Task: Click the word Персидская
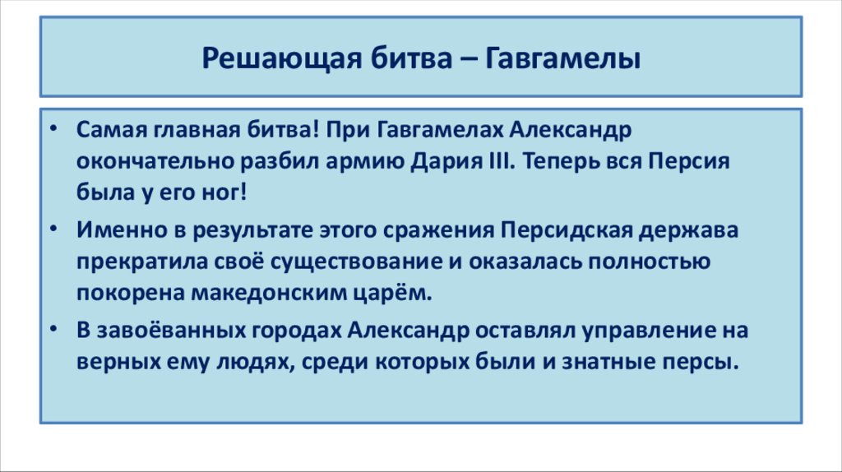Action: (x=565, y=230)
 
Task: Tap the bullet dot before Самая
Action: (x=53, y=131)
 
